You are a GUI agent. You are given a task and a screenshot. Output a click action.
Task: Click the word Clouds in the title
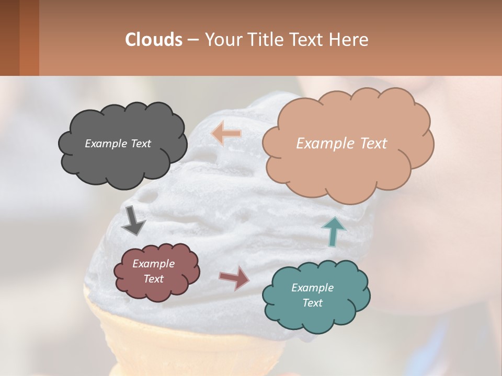(154, 40)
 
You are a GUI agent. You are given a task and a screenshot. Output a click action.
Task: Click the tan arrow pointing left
(226, 133)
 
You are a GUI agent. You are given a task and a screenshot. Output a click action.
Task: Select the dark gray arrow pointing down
(133, 220)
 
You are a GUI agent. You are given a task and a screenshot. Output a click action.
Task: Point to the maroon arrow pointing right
(234, 277)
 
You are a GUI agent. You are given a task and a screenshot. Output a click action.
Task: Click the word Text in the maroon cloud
(154, 279)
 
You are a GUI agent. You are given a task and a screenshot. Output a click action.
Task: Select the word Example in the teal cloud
(312, 288)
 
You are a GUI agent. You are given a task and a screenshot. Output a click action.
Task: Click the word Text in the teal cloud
(312, 303)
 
